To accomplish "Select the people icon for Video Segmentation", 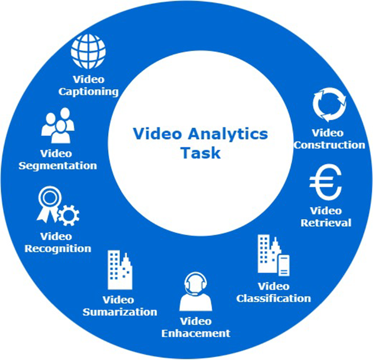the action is tap(58, 125).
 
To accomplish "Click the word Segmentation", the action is tap(58, 166).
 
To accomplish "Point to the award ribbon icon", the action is tap(47, 202).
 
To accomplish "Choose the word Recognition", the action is tap(58, 249).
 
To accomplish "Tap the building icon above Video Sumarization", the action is tap(120, 270).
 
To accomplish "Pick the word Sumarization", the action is tap(120, 312).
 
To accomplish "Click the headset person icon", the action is tap(196, 291).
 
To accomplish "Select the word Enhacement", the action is tap(196, 333).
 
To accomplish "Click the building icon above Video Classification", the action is tap(273, 256).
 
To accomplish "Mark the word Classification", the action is tap(273, 298).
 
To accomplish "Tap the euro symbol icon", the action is tap(325, 184).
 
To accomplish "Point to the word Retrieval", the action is tap(326, 222).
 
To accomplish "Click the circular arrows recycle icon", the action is tap(329, 105).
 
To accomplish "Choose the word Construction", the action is tap(329, 145).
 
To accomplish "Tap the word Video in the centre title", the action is tap(153, 134).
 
